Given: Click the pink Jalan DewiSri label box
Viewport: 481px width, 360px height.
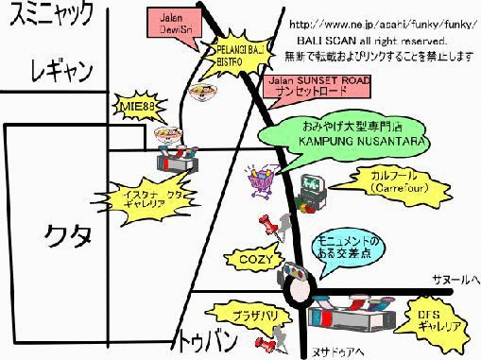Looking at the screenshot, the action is tap(172, 22).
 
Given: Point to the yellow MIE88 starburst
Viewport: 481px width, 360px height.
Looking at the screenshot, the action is tap(136, 108).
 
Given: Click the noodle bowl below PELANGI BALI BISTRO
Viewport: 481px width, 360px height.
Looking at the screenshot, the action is tap(200, 93).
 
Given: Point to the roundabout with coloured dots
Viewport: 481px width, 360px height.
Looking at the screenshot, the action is tap(295, 278).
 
